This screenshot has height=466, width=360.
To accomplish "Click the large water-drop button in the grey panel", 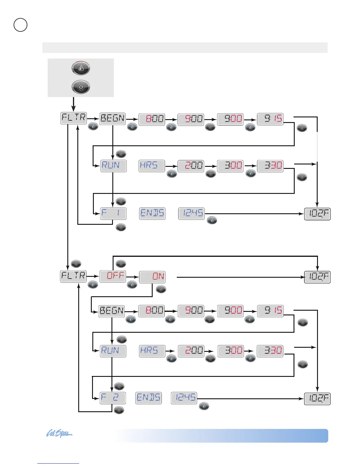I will pyautogui.click(x=81, y=68).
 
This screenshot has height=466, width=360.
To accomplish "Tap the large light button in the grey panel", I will pyautogui.click(x=81, y=87).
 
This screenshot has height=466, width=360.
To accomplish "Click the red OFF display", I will pyautogui.click(x=113, y=276).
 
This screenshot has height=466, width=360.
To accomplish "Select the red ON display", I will pyautogui.click(x=152, y=277).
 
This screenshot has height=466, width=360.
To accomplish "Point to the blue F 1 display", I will pyautogui.click(x=113, y=213).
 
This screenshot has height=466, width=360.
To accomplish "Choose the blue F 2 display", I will pyautogui.click(x=113, y=398).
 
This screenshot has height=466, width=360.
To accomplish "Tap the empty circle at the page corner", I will pyautogui.click(x=21, y=25).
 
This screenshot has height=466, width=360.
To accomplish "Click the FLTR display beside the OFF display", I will pyautogui.click(x=73, y=276).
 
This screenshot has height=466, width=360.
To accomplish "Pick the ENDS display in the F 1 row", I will pyautogui.click(x=152, y=213).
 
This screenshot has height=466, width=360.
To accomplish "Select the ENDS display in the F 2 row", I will pyautogui.click(x=149, y=398).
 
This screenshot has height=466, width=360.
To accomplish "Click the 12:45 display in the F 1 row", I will pyautogui.click(x=191, y=213).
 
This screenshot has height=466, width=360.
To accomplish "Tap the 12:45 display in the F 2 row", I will pyautogui.click(x=184, y=398).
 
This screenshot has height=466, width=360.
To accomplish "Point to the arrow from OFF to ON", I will pyautogui.click(x=132, y=277).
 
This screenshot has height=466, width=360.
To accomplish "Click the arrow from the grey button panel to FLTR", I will pyautogui.click(x=74, y=104).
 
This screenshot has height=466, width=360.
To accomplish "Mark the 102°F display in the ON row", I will pyautogui.click(x=317, y=277).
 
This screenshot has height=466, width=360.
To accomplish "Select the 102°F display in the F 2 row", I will pyautogui.click(x=317, y=399).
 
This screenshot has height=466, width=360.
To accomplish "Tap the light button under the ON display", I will pyautogui.click(x=161, y=289).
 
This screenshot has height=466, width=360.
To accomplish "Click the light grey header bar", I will pyautogui.click(x=185, y=48).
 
